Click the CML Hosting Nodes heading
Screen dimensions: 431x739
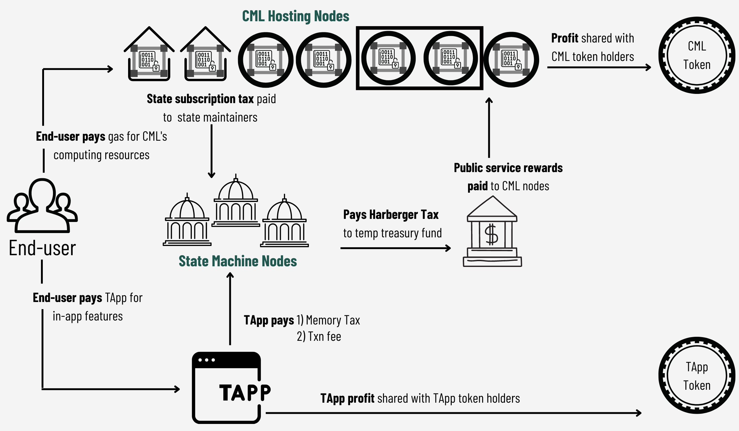[x=296, y=16]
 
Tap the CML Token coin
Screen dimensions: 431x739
[x=697, y=55]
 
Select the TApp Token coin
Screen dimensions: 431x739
[x=697, y=376]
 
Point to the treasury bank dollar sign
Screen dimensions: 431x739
[x=491, y=235]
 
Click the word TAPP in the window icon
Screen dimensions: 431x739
[x=245, y=393]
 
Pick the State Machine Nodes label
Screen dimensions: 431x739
[x=238, y=261]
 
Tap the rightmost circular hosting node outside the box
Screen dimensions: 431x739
[x=511, y=59]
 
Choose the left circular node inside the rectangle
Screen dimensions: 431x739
[x=388, y=58]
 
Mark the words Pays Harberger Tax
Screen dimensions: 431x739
[x=391, y=215]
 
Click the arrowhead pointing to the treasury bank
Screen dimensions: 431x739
[x=448, y=248]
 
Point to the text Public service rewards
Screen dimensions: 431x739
[x=508, y=168]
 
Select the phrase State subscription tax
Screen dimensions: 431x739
[x=200, y=99]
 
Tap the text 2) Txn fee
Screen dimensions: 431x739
[x=319, y=336]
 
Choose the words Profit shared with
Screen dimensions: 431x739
[x=592, y=38]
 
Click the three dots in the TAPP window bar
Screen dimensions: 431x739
[x=207, y=360]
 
